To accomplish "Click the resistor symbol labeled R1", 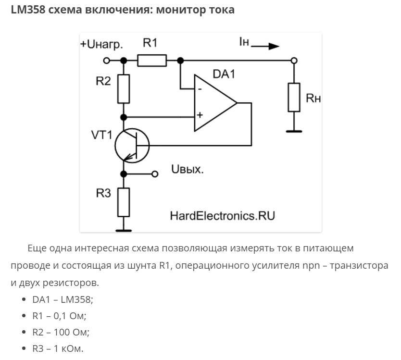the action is click(152, 61).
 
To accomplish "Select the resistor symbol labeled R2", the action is click(124, 89).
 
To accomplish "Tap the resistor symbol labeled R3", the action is click(124, 202).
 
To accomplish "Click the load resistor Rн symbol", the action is click(294, 97).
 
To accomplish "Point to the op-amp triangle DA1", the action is click(215, 103).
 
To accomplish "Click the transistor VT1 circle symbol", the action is click(132, 146).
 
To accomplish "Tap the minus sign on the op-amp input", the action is click(200, 89).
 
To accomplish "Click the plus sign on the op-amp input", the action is click(200, 115).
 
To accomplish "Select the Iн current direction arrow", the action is click(265, 46).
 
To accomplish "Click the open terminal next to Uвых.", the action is click(155, 174).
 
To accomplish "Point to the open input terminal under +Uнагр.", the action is click(106, 61).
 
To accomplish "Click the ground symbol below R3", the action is click(124, 231).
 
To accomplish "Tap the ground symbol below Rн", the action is click(294, 131).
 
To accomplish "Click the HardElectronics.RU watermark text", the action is click(223, 215).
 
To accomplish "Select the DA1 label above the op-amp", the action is click(224, 74).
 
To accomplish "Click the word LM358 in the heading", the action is click(28, 10).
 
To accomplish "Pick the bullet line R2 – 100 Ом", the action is click(61, 332).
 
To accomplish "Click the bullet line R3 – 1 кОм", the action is click(58, 348).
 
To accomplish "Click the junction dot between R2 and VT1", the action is click(124, 117).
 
